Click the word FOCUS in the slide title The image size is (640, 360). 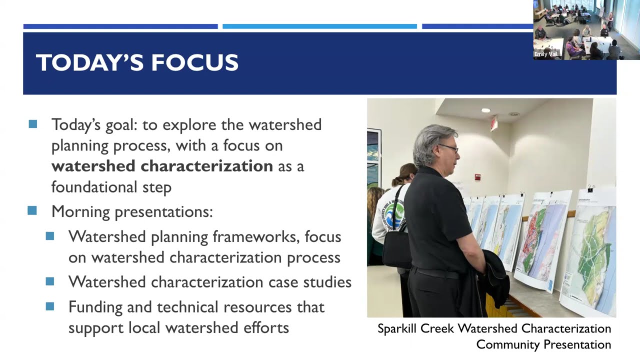point(195,63)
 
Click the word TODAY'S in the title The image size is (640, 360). point(89,63)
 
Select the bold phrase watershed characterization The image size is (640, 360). point(162,166)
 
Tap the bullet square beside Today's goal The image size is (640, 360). point(33,124)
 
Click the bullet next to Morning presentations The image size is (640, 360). point(33,211)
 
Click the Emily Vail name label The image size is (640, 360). point(545,54)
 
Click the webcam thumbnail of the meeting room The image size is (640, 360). point(586,30)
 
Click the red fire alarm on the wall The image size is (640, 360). point(477,177)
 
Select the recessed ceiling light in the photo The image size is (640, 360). point(485,110)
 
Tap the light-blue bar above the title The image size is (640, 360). point(319,26)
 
